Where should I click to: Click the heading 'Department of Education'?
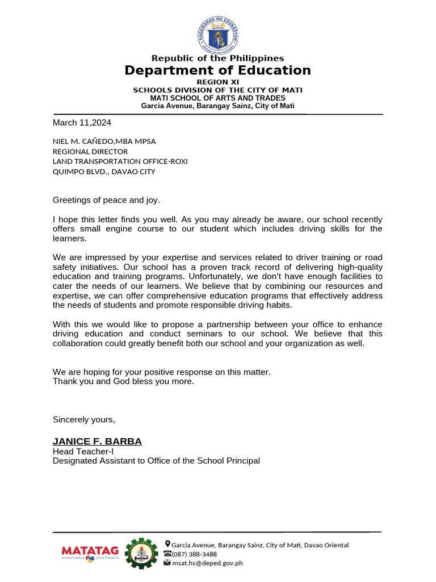point(218,70)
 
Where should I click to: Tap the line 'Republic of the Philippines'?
point(218,58)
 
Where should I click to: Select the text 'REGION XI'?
point(218,82)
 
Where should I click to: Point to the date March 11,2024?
point(82,122)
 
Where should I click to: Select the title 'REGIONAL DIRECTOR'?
point(90,151)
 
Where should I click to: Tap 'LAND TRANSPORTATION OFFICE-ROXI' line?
point(120,161)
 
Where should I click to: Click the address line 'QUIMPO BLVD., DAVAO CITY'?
point(104,172)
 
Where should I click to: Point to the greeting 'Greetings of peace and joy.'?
point(106,199)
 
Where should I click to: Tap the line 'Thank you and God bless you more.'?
point(123,381)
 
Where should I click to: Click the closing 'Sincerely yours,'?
point(84,419)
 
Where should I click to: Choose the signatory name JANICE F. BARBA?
point(97,442)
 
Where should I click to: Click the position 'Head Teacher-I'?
point(83,451)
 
